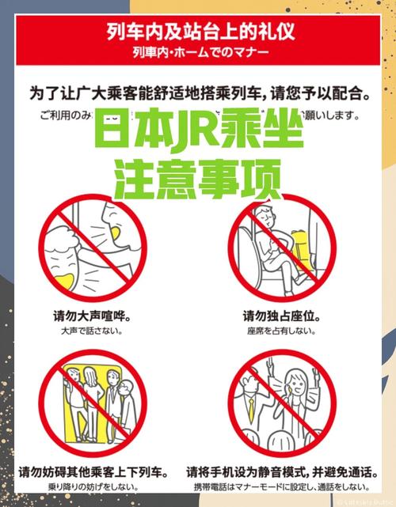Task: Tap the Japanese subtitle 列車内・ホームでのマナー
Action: pyautogui.click(x=198, y=53)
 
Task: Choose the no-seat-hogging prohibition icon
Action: pyautogui.click(x=277, y=245)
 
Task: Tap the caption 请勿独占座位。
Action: pyautogui.click(x=281, y=316)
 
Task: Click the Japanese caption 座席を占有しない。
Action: pyautogui.click(x=281, y=333)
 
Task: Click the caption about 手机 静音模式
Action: pyautogui.click(x=281, y=472)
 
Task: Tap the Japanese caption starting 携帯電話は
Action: pyautogui.click(x=281, y=488)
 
